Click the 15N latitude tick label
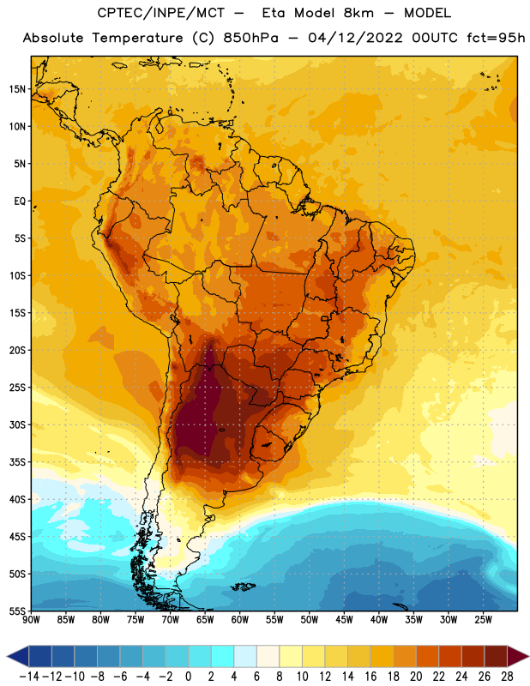click(17, 89)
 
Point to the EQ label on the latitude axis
click(20, 202)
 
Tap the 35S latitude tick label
click(17, 462)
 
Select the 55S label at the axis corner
click(17, 611)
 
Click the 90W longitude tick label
click(31, 619)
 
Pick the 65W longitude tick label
click(205, 619)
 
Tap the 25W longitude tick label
click(483, 619)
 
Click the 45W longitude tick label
click(344, 619)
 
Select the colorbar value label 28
click(507, 677)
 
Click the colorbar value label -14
click(29, 677)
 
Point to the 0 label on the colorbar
click(188, 677)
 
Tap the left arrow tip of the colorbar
click(8, 656)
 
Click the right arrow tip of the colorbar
click(528, 656)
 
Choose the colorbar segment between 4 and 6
click(245, 656)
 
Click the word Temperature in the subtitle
click(137, 38)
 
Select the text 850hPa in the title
click(250, 38)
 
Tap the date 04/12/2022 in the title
click(355, 38)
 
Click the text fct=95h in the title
click(496, 38)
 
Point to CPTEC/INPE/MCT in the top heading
click(160, 13)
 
